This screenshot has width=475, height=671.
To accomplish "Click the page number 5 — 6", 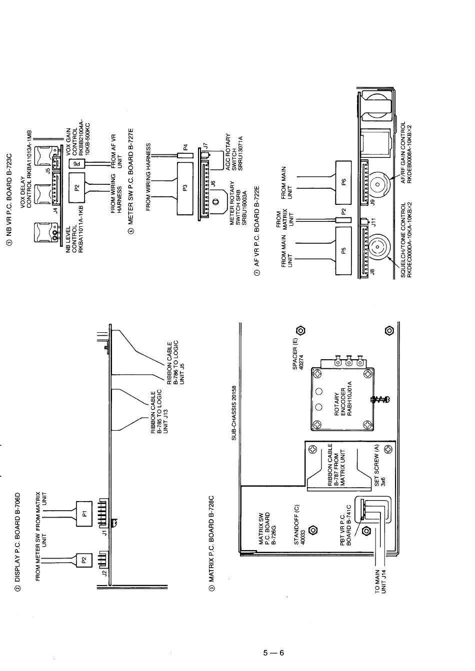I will (273, 653).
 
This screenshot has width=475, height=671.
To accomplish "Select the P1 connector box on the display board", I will (84, 512).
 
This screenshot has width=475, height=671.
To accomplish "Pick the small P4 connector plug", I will (184, 148).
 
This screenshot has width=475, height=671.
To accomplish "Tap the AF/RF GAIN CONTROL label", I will (406, 152).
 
